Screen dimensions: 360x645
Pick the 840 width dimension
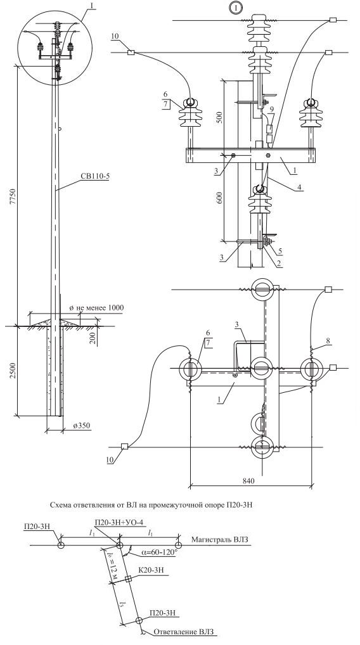tap(248, 480)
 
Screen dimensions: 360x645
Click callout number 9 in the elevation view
tap(271, 109)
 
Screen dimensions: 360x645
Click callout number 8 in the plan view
tap(327, 341)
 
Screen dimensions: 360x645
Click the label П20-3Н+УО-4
tap(117, 522)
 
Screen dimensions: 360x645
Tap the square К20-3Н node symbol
tap(128, 578)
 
